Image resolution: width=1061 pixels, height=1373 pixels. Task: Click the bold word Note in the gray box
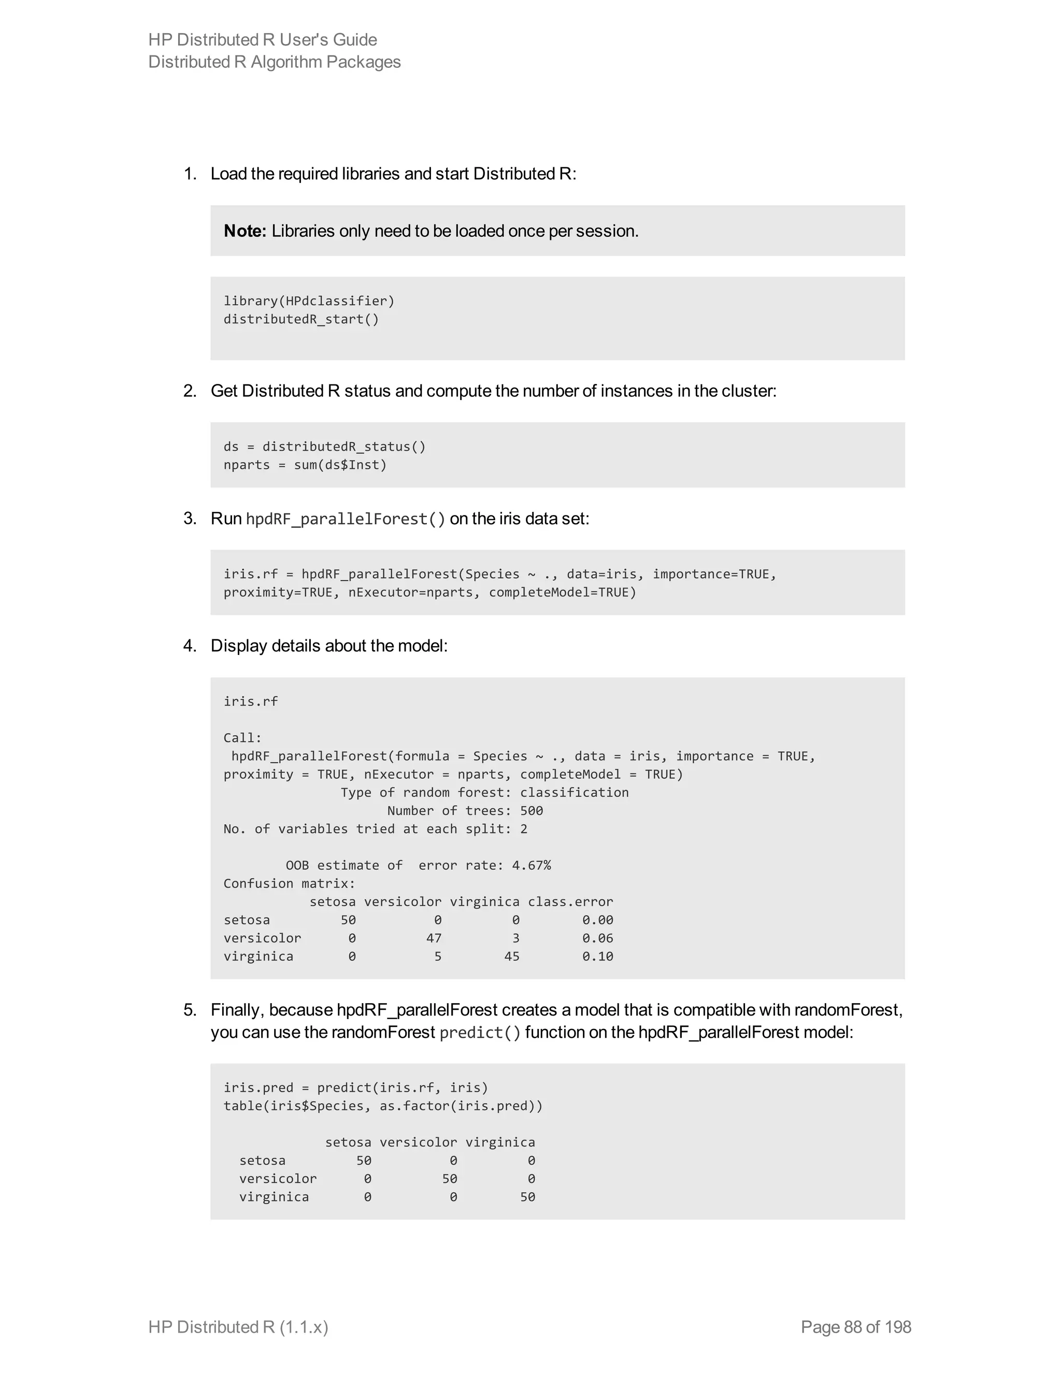click(x=245, y=232)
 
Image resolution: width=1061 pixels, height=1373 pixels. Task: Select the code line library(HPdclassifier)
click(x=309, y=301)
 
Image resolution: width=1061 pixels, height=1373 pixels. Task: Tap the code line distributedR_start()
click(x=301, y=319)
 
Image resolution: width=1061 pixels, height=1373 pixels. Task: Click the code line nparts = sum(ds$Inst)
click(x=305, y=465)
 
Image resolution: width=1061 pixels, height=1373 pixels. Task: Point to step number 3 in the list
click(x=190, y=519)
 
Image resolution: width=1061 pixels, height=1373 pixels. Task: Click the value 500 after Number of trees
click(x=531, y=811)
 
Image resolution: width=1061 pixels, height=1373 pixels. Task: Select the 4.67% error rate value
click(x=531, y=866)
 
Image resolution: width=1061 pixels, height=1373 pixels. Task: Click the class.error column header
click(x=570, y=902)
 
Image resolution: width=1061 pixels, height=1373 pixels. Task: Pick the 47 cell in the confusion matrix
click(x=434, y=939)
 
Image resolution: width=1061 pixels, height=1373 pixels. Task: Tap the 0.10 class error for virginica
click(x=597, y=957)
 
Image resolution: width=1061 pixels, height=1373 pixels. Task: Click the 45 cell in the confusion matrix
click(x=512, y=957)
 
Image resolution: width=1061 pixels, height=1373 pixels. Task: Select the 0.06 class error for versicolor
click(x=597, y=939)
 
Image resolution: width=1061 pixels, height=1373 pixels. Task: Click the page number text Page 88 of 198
click(x=855, y=1327)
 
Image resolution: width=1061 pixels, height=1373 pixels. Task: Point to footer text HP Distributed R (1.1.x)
click(x=238, y=1327)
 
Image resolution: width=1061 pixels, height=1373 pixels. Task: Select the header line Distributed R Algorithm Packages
click(x=274, y=62)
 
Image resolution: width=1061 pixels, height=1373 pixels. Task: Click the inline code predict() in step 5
click(x=480, y=1033)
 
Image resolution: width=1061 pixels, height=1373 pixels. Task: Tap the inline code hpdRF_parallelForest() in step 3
click(x=346, y=519)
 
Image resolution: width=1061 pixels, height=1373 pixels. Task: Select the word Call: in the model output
click(x=242, y=738)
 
